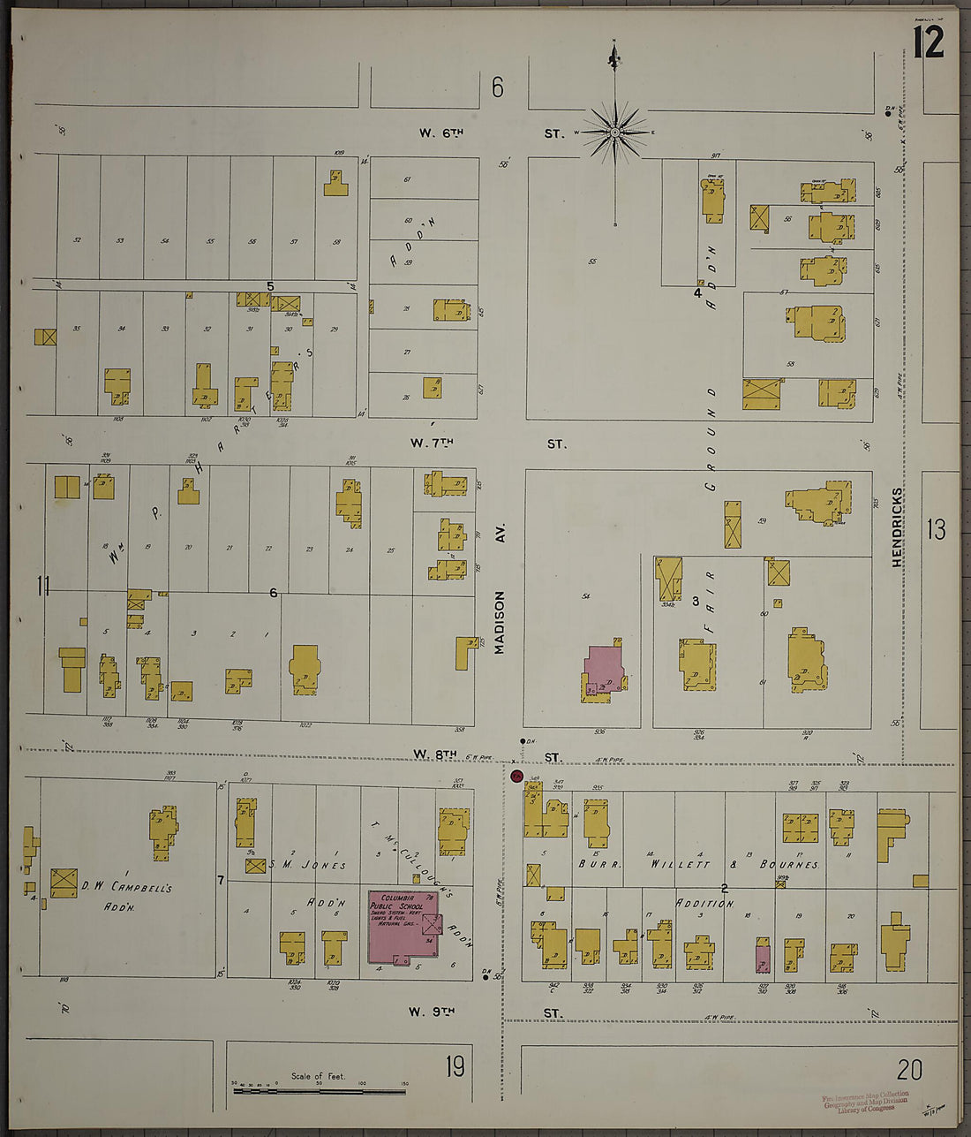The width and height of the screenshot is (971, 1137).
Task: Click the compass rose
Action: [x=614, y=133]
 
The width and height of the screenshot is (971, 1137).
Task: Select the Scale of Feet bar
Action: [x=319, y=1091]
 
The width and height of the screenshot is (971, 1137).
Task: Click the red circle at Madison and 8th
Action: [x=517, y=777]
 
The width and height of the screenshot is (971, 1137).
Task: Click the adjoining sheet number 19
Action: [x=455, y=1067]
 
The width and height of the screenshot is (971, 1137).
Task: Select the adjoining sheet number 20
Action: [x=909, y=1070]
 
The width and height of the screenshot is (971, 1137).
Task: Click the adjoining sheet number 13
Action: [x=936, y=529]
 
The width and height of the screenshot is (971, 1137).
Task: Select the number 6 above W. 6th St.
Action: [x=498, y=87]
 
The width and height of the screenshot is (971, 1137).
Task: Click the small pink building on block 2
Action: [x=763, y=959]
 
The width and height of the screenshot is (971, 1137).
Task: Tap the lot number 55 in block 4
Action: [x=591, y=262]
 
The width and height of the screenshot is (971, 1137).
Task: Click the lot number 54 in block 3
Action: [x=584, y=597]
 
